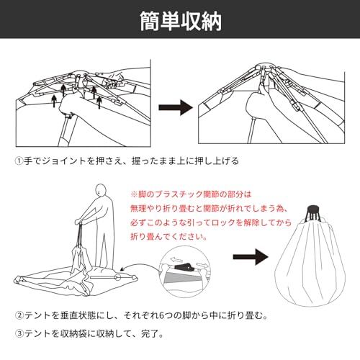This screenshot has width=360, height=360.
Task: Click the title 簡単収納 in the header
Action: [181, 21]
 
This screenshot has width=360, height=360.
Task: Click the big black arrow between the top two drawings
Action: [176, 107]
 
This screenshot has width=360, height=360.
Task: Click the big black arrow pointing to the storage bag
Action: [251, 257]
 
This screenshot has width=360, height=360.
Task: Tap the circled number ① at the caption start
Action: [19, 161]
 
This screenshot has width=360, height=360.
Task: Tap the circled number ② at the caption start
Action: [19, 315]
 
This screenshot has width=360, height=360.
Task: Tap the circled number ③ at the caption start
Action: [19, 333]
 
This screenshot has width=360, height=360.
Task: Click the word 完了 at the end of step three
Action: [150, 333]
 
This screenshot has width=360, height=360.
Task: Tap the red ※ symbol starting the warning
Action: [134, 194]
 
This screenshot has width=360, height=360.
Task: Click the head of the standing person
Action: [101, 191]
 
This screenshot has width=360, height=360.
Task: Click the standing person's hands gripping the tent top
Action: [80, 222]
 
